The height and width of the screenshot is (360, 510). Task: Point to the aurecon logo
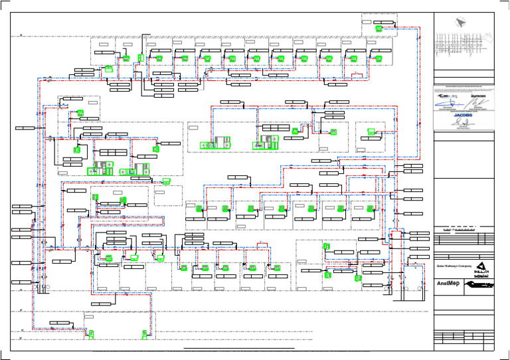click(x=479, y=96)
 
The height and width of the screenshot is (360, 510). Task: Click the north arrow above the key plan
click(x=459, y=23)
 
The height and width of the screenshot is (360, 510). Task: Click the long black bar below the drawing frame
click(x=238, y=348)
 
